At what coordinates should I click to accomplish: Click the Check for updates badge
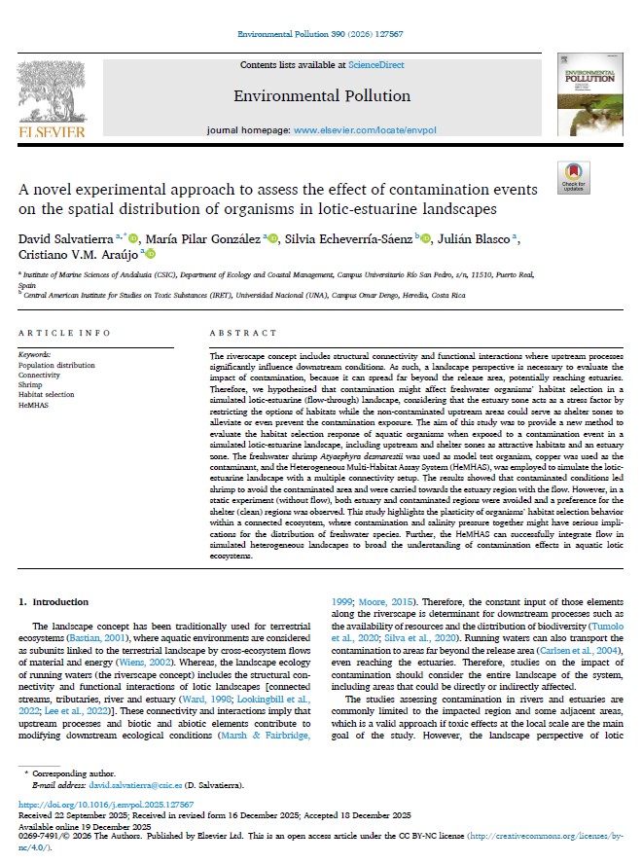(573, 178)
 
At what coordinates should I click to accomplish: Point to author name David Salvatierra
(64, 237)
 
